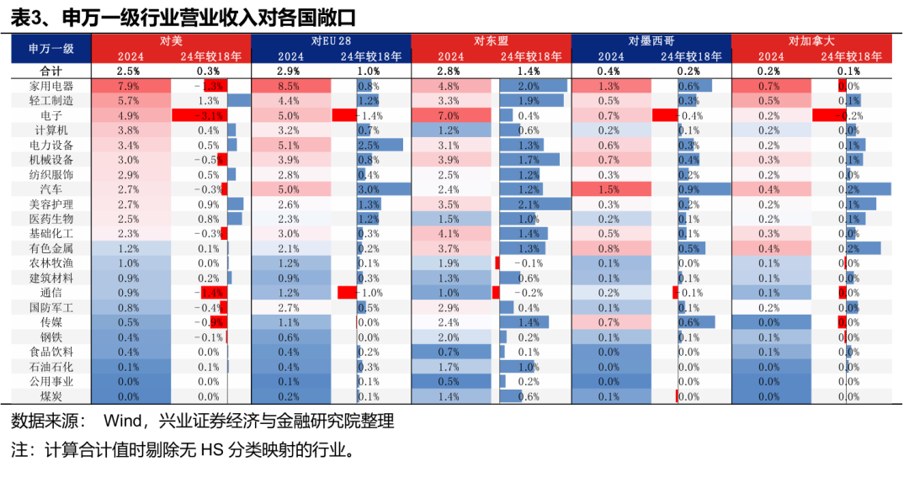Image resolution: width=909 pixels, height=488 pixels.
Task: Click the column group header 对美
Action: coord(170,41)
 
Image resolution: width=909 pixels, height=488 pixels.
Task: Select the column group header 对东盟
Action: coord(491,41)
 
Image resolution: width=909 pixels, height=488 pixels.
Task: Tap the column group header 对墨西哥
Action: coord(651,41)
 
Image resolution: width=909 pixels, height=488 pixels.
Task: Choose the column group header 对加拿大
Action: coord(811,41)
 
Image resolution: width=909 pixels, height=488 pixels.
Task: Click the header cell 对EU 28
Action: coord(331,41)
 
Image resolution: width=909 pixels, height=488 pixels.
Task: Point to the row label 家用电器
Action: coord(50,86)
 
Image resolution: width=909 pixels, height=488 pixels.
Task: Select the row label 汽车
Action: coord(50,189)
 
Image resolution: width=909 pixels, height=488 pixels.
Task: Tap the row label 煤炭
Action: coord(50,395)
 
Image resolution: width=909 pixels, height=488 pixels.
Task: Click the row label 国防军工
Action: coord(50,307)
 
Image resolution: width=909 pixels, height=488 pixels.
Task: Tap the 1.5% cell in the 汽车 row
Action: coord(610,189)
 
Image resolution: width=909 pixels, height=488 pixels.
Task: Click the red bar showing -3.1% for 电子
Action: coord(199,115)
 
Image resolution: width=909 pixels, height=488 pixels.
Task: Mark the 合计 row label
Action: coord(50,71)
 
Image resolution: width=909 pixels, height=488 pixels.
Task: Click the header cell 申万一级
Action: coord(50,49)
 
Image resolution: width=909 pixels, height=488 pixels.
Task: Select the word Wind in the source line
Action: coord(120,421)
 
